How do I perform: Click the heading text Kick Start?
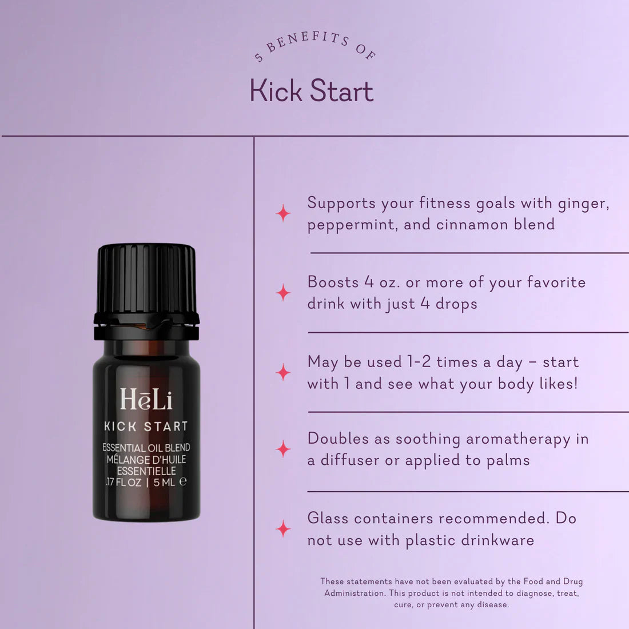tap(312, 91)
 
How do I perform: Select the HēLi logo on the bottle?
tap(146, 400)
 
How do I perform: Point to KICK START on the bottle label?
tap(146, 427)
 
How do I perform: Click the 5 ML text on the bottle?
tap(165, 482)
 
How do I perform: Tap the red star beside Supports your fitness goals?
tap(283, 213)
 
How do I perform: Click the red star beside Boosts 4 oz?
tap(283, 293)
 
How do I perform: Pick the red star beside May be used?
tap(283, 372)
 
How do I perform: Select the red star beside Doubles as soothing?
tap(283, 449)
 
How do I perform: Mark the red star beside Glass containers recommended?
tap(283, 528)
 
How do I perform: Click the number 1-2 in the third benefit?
tap(419, 363)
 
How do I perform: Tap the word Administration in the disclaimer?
tap(353, 593)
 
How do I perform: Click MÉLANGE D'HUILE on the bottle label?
tap(146, 460)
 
